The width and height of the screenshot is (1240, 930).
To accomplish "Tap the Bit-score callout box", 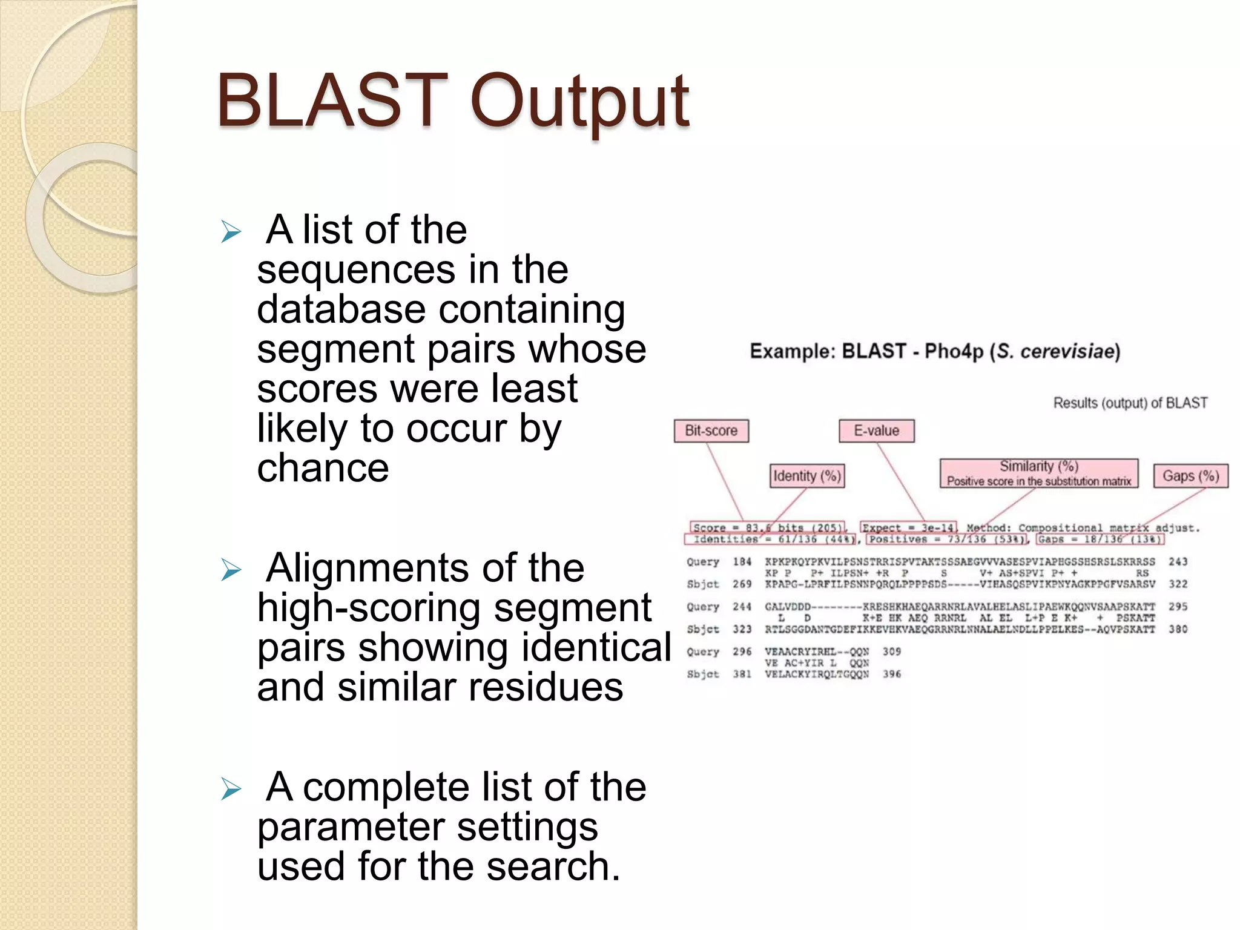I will click(x=711, y=431).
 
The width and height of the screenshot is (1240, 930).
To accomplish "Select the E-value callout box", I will click(x=876, y=431).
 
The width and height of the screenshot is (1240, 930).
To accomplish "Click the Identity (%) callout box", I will click(x=807, y=476).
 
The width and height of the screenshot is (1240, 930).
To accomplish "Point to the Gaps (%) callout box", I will click(x=1190, y=476).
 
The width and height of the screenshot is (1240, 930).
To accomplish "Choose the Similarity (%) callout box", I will click(x=1038, y=473).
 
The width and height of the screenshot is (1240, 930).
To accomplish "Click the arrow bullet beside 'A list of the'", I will click(x=231, y=231).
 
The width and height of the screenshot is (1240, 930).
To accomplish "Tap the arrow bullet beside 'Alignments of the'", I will click(x=231, y=570).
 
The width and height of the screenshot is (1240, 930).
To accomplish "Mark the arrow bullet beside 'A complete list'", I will click(x=231, y=789).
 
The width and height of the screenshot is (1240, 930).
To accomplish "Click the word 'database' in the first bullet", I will click(x=341, y=309).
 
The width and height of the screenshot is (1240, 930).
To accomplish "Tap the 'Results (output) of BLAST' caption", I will click(x=1130, y=403).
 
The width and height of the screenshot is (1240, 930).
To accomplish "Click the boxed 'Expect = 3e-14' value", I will click(x=908, y=528).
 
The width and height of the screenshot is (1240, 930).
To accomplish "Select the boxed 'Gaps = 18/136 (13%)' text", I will click(x=1099, y=539).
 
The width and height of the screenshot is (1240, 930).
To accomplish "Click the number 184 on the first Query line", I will click(x=742, y=562).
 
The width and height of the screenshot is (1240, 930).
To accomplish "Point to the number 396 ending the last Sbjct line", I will click(x=891, y=674).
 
